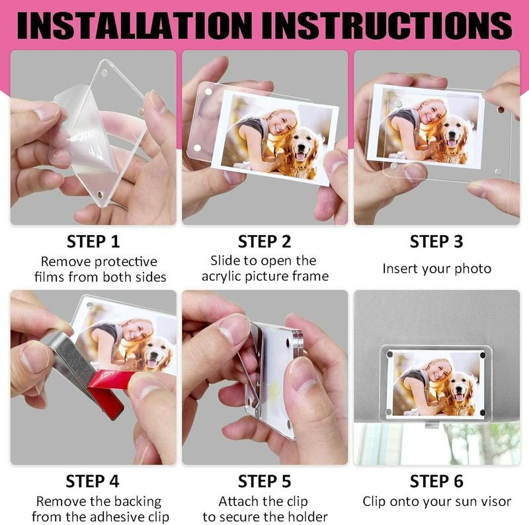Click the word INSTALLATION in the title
pos(134,26)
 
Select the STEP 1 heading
pos(93,242)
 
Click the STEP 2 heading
pos(264,242)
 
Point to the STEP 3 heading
pos(436,242)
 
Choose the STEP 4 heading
pos(93,481)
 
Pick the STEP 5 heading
pos(264,481)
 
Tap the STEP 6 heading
pos(436,481)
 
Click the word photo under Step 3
pos(473,269)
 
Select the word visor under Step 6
pos(497,501)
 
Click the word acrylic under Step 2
pos(222,277)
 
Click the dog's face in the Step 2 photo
pos(301,144)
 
